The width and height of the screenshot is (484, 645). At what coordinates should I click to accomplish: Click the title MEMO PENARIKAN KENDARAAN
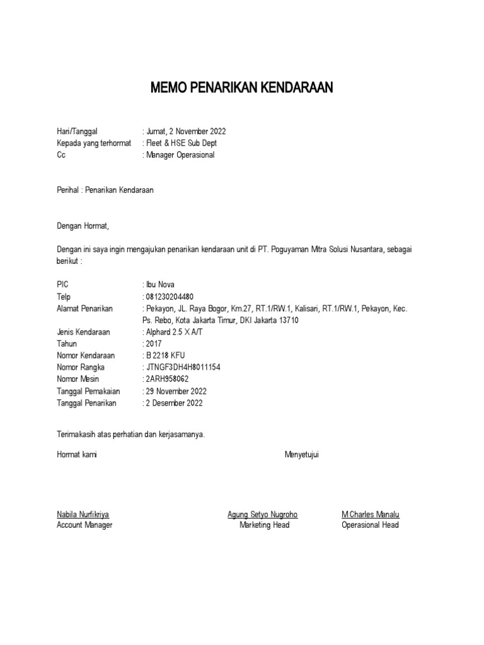[241, 88]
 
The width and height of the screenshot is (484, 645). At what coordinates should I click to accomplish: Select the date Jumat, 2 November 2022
[185, 132]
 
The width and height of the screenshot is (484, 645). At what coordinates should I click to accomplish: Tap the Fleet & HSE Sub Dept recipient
[181, 143]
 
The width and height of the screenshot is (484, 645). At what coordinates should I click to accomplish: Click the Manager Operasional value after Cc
[180, 155]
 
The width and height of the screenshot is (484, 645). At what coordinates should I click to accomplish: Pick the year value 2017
[154, 344]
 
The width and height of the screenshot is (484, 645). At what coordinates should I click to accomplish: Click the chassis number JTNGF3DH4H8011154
[183, 368]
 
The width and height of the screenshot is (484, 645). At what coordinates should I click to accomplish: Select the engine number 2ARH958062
[167, 379]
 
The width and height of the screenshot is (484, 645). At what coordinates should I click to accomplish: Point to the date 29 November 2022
[176, 391]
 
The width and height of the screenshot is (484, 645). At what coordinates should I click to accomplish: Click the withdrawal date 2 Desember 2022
[174, 403]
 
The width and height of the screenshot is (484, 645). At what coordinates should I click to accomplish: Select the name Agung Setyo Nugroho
[262, 515]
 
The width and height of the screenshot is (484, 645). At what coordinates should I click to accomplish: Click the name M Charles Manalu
[371, 515]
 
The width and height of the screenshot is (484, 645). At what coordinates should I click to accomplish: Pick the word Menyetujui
[302, 455]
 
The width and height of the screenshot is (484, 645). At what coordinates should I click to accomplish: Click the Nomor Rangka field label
[80, 368]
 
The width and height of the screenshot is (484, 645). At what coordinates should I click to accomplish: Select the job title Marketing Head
[264, 525]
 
